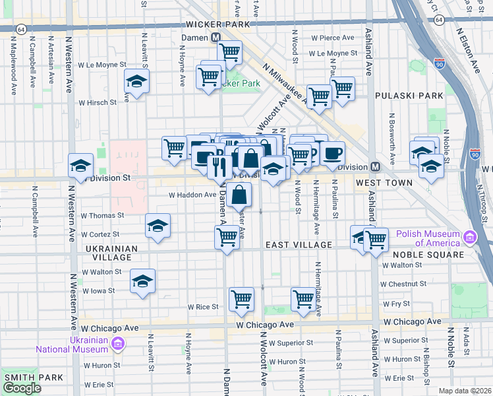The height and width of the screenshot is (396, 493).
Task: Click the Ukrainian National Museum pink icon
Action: point(118,343)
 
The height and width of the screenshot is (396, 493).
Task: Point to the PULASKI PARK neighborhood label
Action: point(409,96)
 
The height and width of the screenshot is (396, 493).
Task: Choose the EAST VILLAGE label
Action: point(299,245)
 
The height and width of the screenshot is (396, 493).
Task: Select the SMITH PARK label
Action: point(33,378)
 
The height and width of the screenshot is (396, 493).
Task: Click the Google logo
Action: point(22,388)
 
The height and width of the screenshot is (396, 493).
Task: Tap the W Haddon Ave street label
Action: point(192,195)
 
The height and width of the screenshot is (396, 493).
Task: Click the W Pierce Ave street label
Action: point(333,38)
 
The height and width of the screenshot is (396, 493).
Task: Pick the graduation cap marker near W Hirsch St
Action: point(137,81)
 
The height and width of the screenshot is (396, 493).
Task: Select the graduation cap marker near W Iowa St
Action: point(143,281)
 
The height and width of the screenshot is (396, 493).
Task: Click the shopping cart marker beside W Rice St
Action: point(242,299)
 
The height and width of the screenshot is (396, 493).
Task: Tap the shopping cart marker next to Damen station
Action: point(229,51)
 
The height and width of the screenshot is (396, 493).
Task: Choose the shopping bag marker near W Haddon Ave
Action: point(241,195)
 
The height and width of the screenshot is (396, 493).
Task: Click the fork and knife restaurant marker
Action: point(218,168)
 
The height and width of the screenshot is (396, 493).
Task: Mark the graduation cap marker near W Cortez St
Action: point(158,226)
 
